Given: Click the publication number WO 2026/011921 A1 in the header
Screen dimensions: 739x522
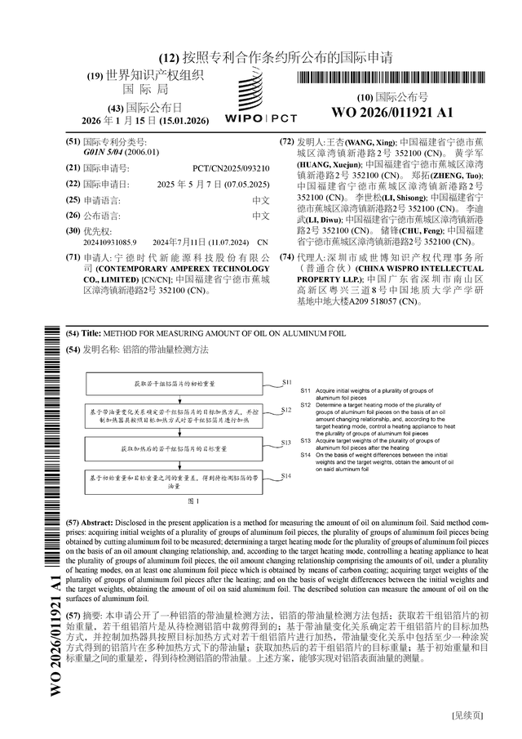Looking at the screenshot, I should [x=391, y=112].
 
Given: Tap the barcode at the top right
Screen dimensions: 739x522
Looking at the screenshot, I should [x=391, y=79].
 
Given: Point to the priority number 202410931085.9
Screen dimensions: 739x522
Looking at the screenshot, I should [x=110, y=243].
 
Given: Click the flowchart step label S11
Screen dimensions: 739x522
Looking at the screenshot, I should [x=286, y=381].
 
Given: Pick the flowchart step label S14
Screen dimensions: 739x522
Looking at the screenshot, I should [x=286, y=475].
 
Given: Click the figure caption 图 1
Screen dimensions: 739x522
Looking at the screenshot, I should [x=194, y=500].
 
